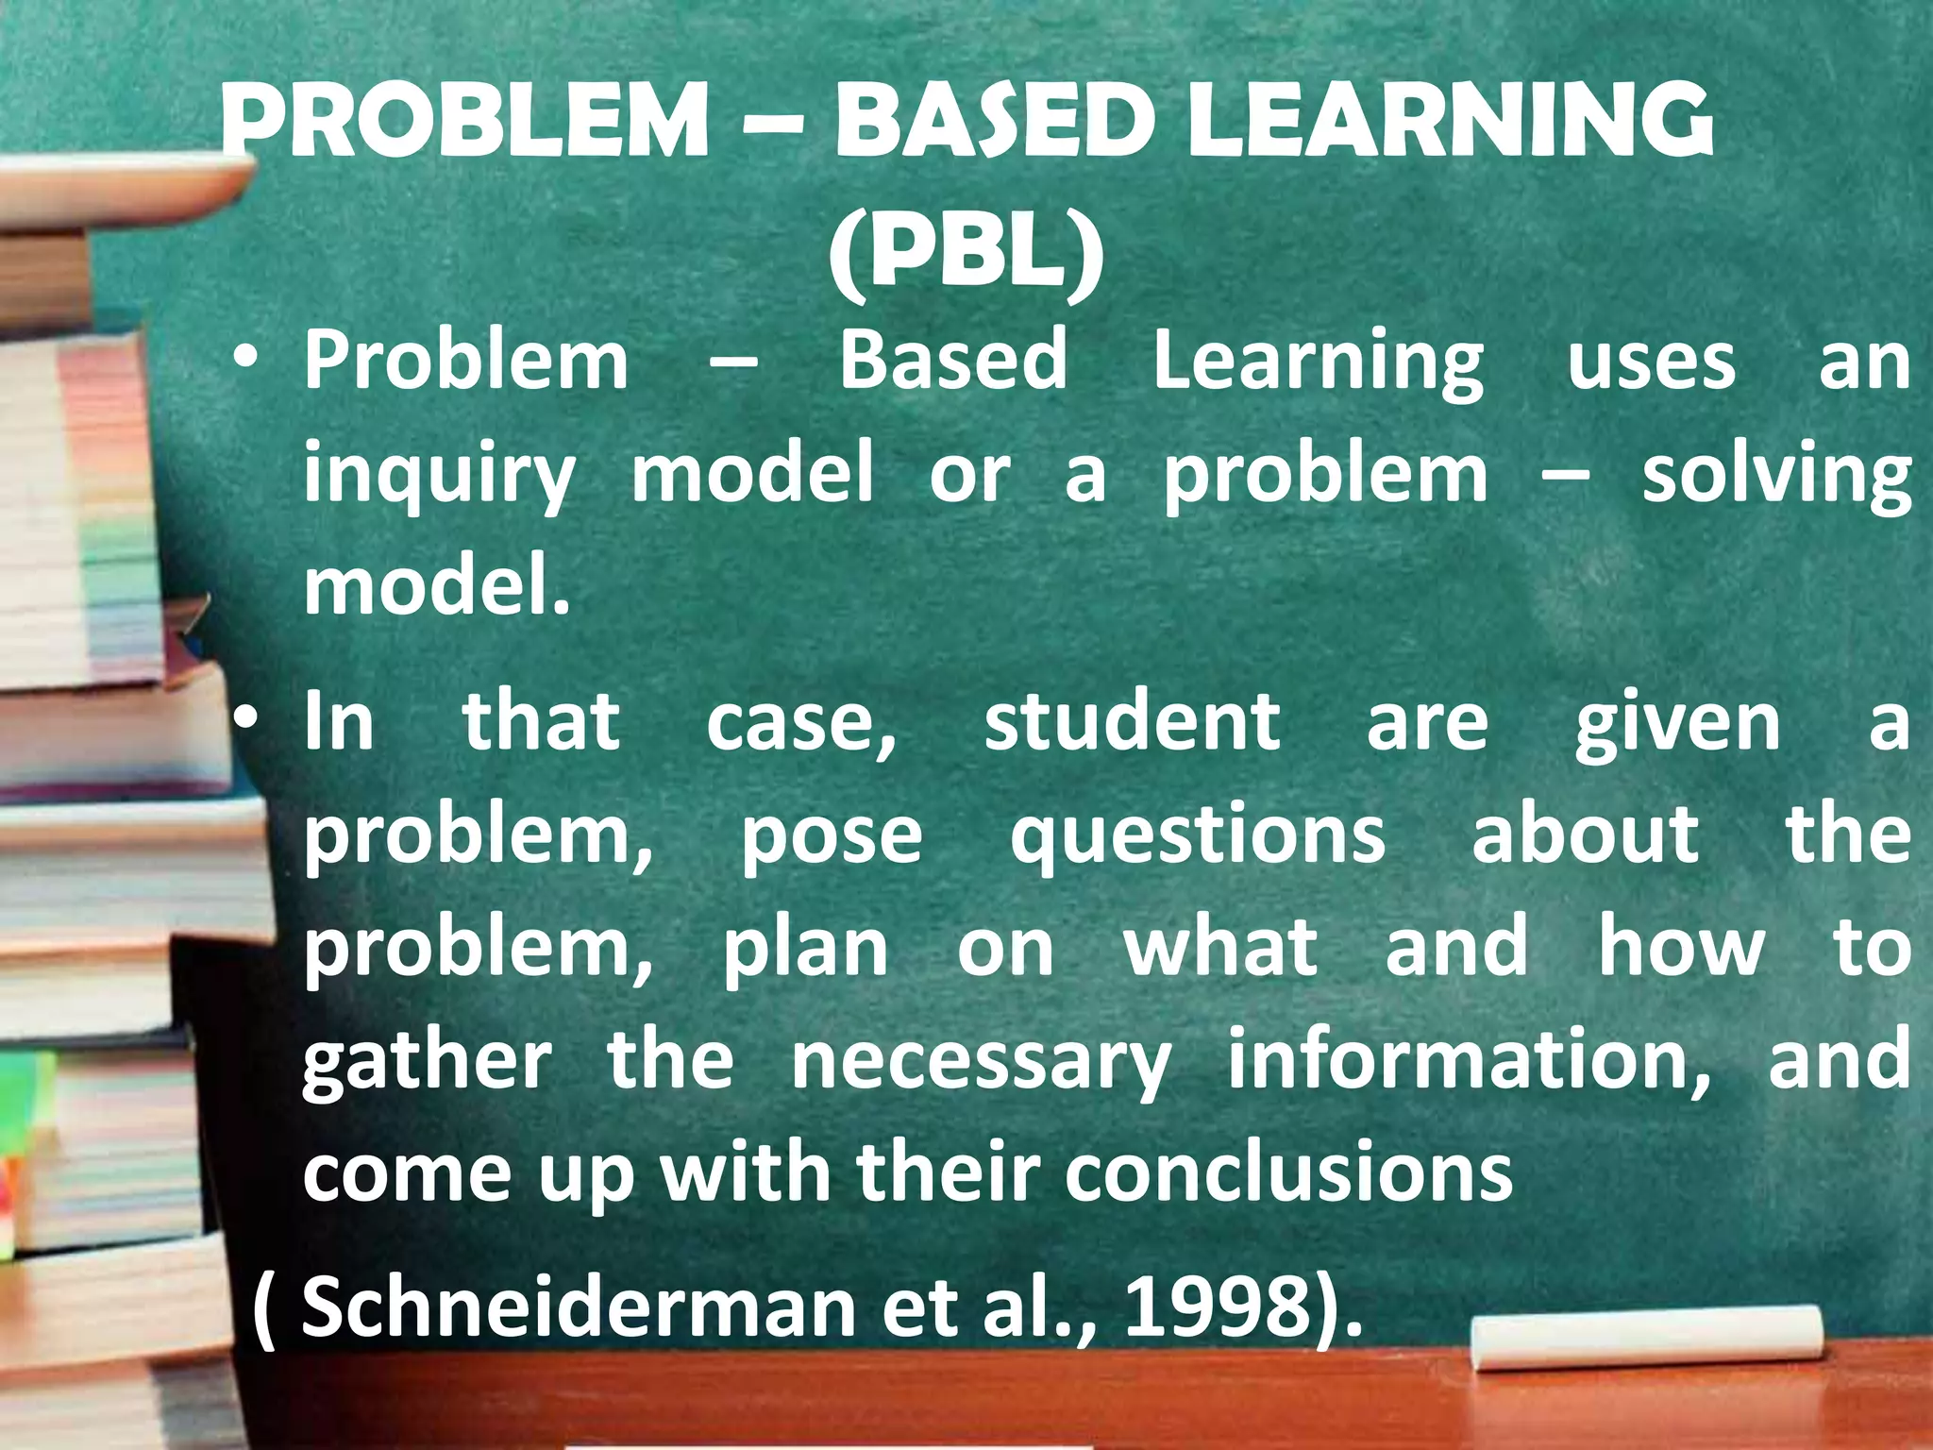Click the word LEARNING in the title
[1449, 122]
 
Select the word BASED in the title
[995, 122]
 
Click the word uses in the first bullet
[1651, 362]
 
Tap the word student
[1132, 723]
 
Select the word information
[1469, 1061]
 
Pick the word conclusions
[1288, 1174]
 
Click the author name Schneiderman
[577, 1307]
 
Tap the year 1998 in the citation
[1217, 1307]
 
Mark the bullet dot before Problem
[247, 361]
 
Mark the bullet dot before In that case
[247, 722]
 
